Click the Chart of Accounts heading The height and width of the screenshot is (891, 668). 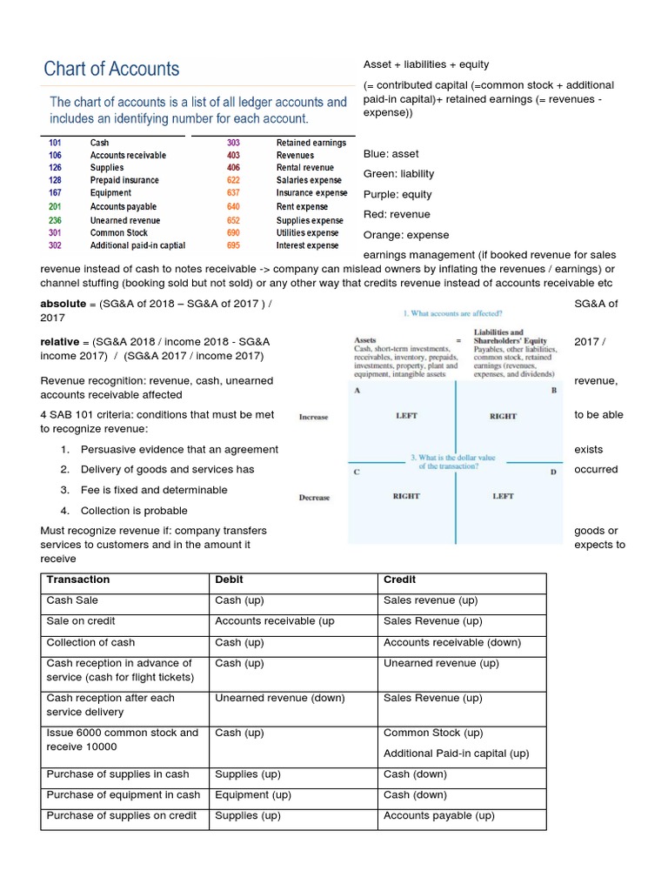coord(111,69)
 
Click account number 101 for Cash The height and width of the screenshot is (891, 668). coord(55,143)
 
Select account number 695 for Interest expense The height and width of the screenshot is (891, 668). coord(233,246)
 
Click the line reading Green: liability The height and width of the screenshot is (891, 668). coord(398,174)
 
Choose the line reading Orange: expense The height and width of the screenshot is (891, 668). coord(406,235)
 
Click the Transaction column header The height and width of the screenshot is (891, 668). coord(78,579)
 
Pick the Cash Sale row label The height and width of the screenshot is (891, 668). coord(72,600)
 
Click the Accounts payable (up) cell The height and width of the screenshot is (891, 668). coord(438,815)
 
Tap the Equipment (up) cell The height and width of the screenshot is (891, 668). coord(253,794)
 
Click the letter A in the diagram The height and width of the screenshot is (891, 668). coord(357,391)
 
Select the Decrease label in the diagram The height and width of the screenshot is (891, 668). coord(314,498)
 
